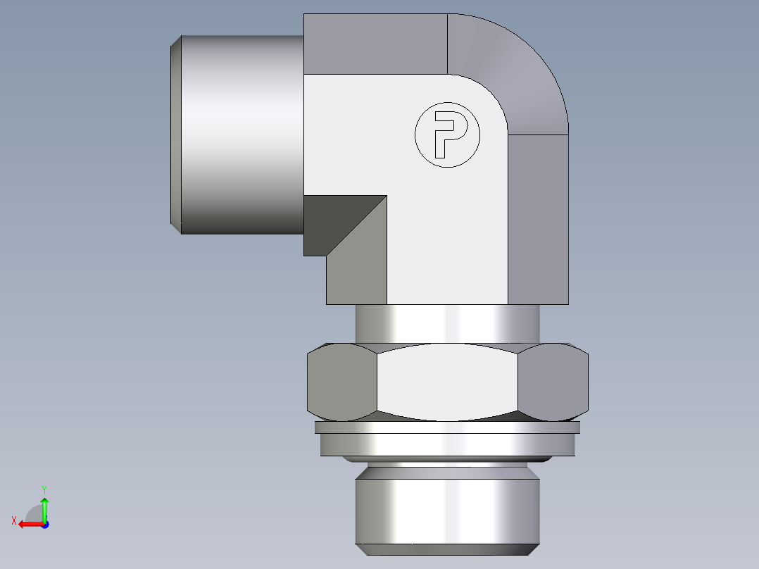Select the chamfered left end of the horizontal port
(176, 134)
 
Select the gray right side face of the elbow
(538, 219)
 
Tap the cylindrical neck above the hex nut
(447, 324)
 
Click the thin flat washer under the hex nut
(447, 427)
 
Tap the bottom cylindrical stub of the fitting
(447, 507)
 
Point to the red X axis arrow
(28, 524)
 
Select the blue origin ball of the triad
(44, 525)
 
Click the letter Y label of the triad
(44, 489)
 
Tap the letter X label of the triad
(13, 520)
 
